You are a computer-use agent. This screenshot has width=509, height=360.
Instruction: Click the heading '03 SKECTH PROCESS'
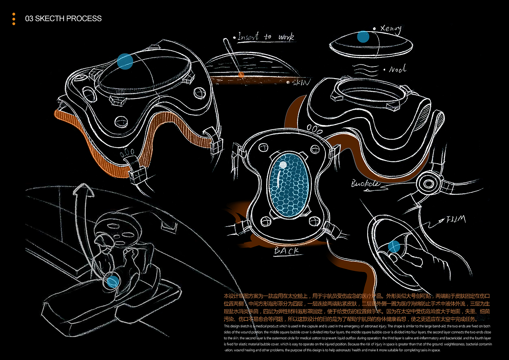pos(63,19)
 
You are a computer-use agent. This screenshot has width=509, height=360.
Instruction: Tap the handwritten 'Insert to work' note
pos(265,37)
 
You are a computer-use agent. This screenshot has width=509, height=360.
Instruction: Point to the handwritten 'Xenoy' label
pos(390,29)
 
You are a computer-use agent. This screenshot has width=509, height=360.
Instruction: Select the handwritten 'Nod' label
pos(397,69)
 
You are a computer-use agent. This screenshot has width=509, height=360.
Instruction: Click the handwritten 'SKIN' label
pos(301,83)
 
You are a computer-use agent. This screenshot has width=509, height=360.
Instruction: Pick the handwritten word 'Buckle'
pos(365,184)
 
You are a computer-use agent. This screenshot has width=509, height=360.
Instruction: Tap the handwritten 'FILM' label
pos(456,219)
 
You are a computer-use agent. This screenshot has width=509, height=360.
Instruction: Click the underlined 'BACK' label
pos(287,251)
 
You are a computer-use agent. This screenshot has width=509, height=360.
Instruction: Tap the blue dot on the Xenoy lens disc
pos(363,37)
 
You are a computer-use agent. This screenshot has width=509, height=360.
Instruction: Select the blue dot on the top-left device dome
pos(125,61)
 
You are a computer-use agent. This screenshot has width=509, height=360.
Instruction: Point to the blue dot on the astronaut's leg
pos(113,281)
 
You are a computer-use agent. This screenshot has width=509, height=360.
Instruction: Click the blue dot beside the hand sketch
pos(394,247)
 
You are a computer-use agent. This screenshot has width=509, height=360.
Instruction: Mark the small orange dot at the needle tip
pos(241,75)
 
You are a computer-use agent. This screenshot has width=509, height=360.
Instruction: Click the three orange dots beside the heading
pos(14,19)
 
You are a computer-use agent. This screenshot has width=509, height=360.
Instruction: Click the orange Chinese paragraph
pos(357,308)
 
